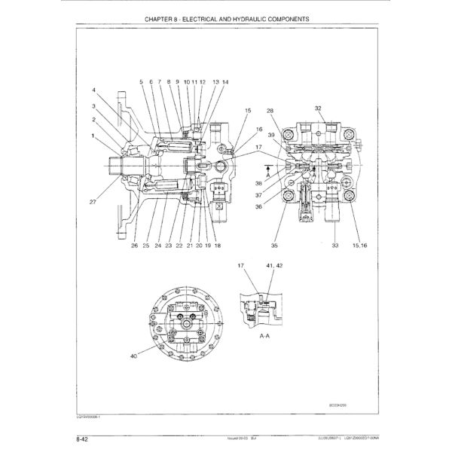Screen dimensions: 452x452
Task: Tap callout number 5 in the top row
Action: pos(141,81)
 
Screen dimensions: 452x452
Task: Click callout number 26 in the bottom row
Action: pos(133,246)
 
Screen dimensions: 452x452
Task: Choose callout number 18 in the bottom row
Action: pos(217,246)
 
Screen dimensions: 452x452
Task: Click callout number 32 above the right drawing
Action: pos(319,108)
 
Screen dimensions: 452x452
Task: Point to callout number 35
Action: pos(274,246)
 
